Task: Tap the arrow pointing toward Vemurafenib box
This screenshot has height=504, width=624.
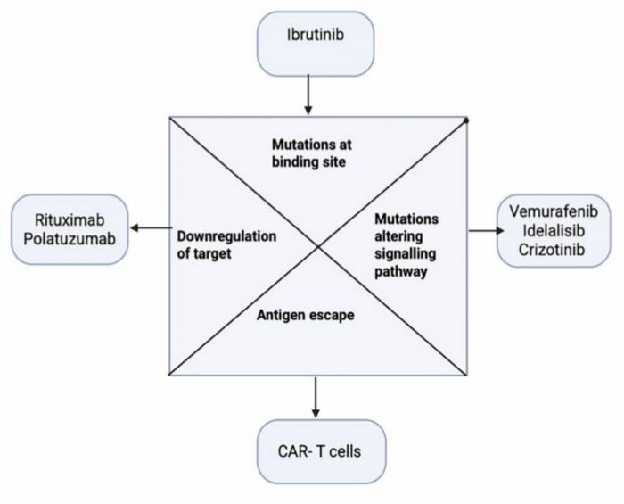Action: tap(480, 230)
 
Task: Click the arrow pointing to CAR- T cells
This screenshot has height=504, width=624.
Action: tap(316, 397)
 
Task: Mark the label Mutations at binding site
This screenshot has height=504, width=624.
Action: tap(308, 154)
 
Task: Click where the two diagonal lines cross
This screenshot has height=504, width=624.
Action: tap(318, 246)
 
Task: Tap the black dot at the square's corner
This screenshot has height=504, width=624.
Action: tap(466, 119)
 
